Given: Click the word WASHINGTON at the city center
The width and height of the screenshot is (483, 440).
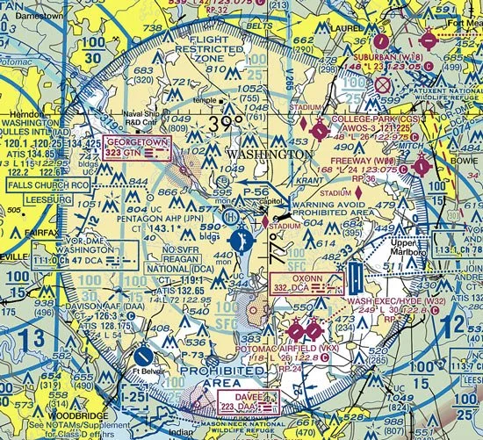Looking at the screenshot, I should (268, 154).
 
